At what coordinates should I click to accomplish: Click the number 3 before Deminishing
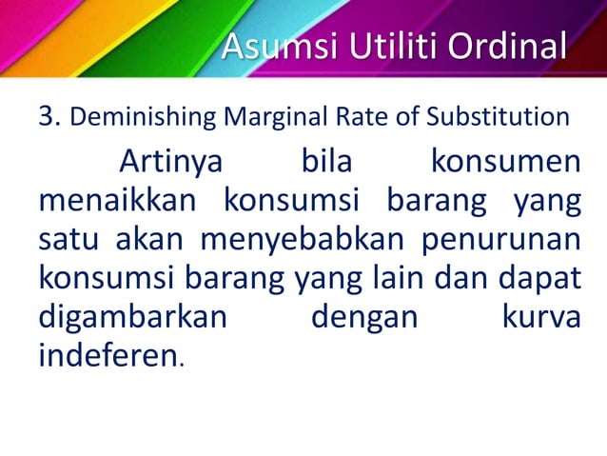49,117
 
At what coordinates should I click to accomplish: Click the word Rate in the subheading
352,118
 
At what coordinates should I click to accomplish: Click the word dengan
364,316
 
